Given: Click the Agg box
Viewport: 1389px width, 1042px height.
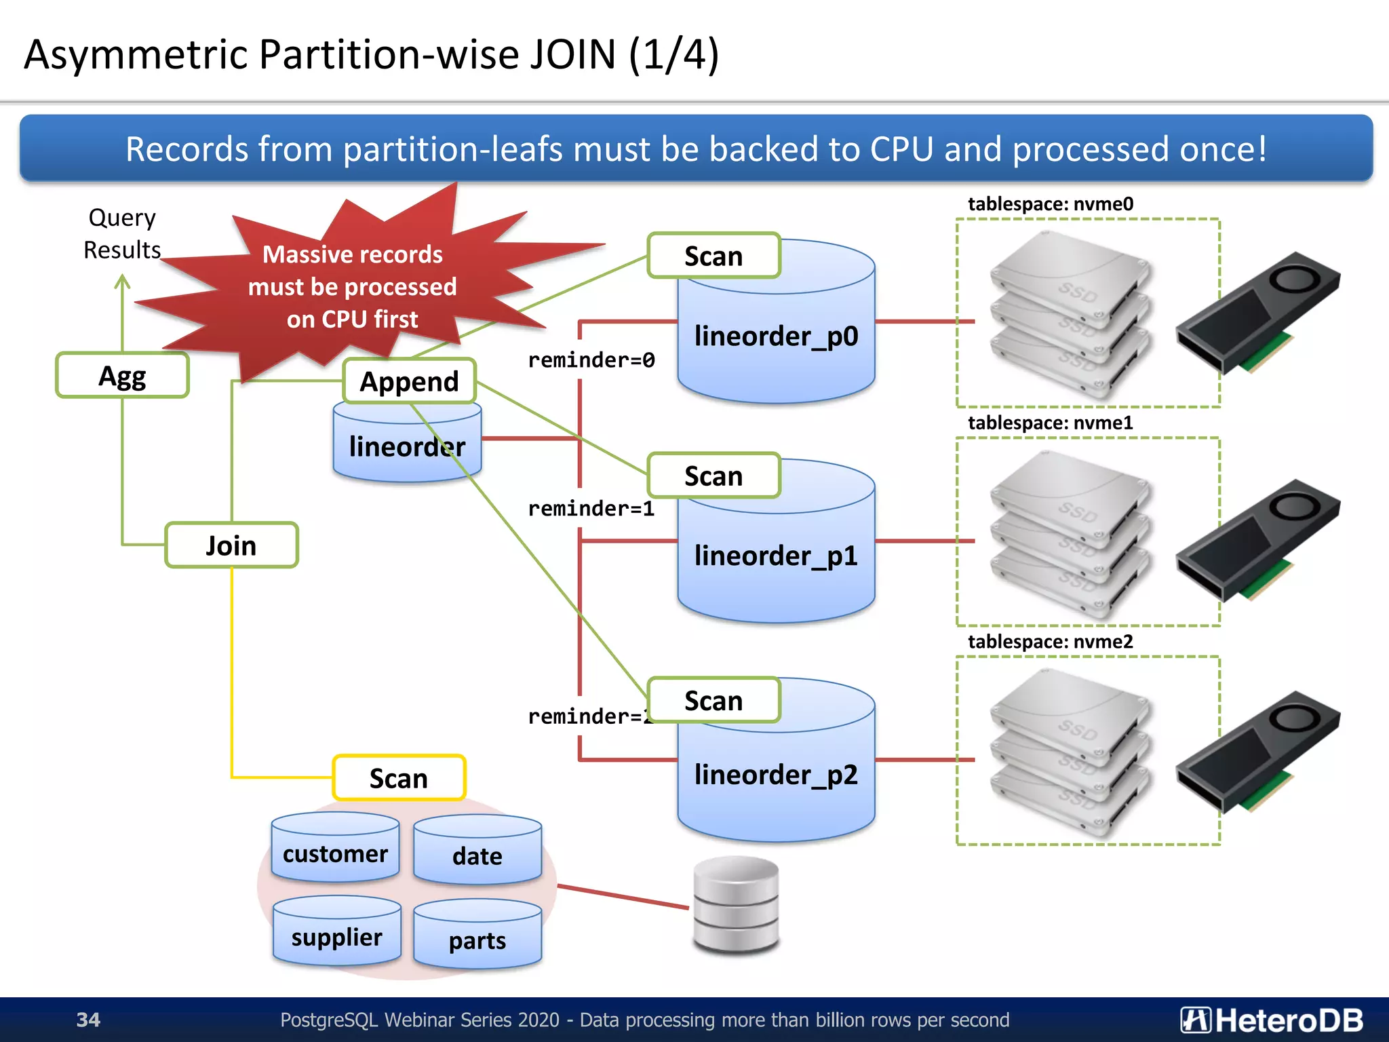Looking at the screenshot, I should (x=122, y=375).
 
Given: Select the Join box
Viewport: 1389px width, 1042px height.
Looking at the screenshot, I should (x=231, y=545).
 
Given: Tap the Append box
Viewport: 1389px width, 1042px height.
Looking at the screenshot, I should (x=409, y=381).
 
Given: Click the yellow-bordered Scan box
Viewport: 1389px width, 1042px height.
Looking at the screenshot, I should (x=399, y=777).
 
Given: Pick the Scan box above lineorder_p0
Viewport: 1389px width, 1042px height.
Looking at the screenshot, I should (x=713, y=256).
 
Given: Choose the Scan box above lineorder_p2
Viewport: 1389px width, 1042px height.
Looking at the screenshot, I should (x=713, y=700).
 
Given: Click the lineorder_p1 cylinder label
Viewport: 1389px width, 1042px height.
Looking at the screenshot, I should (x=776, y=556).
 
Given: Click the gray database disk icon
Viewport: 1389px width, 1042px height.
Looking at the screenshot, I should (x=736, y=906).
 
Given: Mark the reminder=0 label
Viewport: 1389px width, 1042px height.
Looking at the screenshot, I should (x=591, y=360).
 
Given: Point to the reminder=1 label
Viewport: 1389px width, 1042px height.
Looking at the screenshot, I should (x=591, y=508).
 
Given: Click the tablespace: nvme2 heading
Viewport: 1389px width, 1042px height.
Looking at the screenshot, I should (x=1050, y=641).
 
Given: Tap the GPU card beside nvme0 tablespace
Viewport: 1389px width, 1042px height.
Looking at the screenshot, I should (x=1258, y=312).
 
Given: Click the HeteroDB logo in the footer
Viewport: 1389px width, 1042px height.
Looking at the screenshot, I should (x=1271, y=1020).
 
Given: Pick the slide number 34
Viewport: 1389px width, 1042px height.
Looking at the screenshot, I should (x=88, y=1020).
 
